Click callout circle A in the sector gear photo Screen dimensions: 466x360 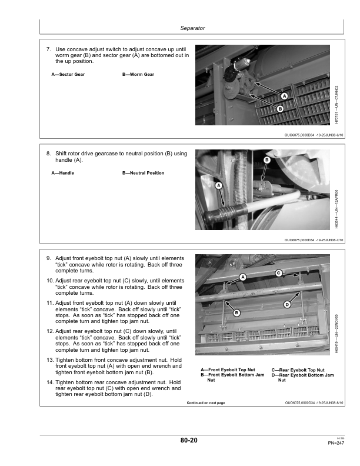pos(284,96)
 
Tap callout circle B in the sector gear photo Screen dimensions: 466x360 pos(280,109)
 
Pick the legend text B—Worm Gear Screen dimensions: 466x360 pos(138,75)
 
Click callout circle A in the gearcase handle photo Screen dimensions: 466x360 pos(219,185)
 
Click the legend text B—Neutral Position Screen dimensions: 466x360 pos(144,173)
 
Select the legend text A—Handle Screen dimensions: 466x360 pos(63,173)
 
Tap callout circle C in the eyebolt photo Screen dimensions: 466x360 pos(279,272)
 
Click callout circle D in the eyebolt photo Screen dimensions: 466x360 pos(287,304)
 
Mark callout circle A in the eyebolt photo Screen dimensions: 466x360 pos(242,277)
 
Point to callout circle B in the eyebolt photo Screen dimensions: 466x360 pos(236,312)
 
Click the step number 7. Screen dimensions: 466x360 pos(48,49)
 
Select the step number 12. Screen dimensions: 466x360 pos(49,331)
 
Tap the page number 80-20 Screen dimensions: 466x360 pos(189,440)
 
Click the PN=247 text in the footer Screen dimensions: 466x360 pos(336,442)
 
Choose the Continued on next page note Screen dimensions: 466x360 pos(210,403)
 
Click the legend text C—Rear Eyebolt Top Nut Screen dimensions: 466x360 pos(299,370)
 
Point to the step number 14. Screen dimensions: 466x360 pos(49,382)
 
